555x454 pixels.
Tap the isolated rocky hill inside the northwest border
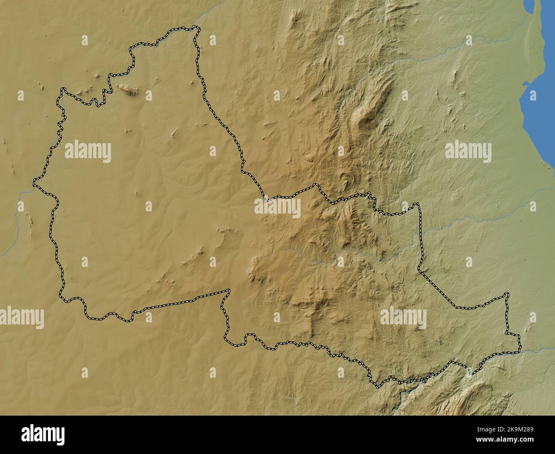pos(128,89)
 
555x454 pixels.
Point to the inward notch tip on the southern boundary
pos(229,291)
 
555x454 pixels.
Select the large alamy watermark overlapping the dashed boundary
pos(277,208)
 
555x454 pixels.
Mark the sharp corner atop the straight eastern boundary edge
pos(418,204)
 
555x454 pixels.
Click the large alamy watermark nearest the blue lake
pos(468,151)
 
